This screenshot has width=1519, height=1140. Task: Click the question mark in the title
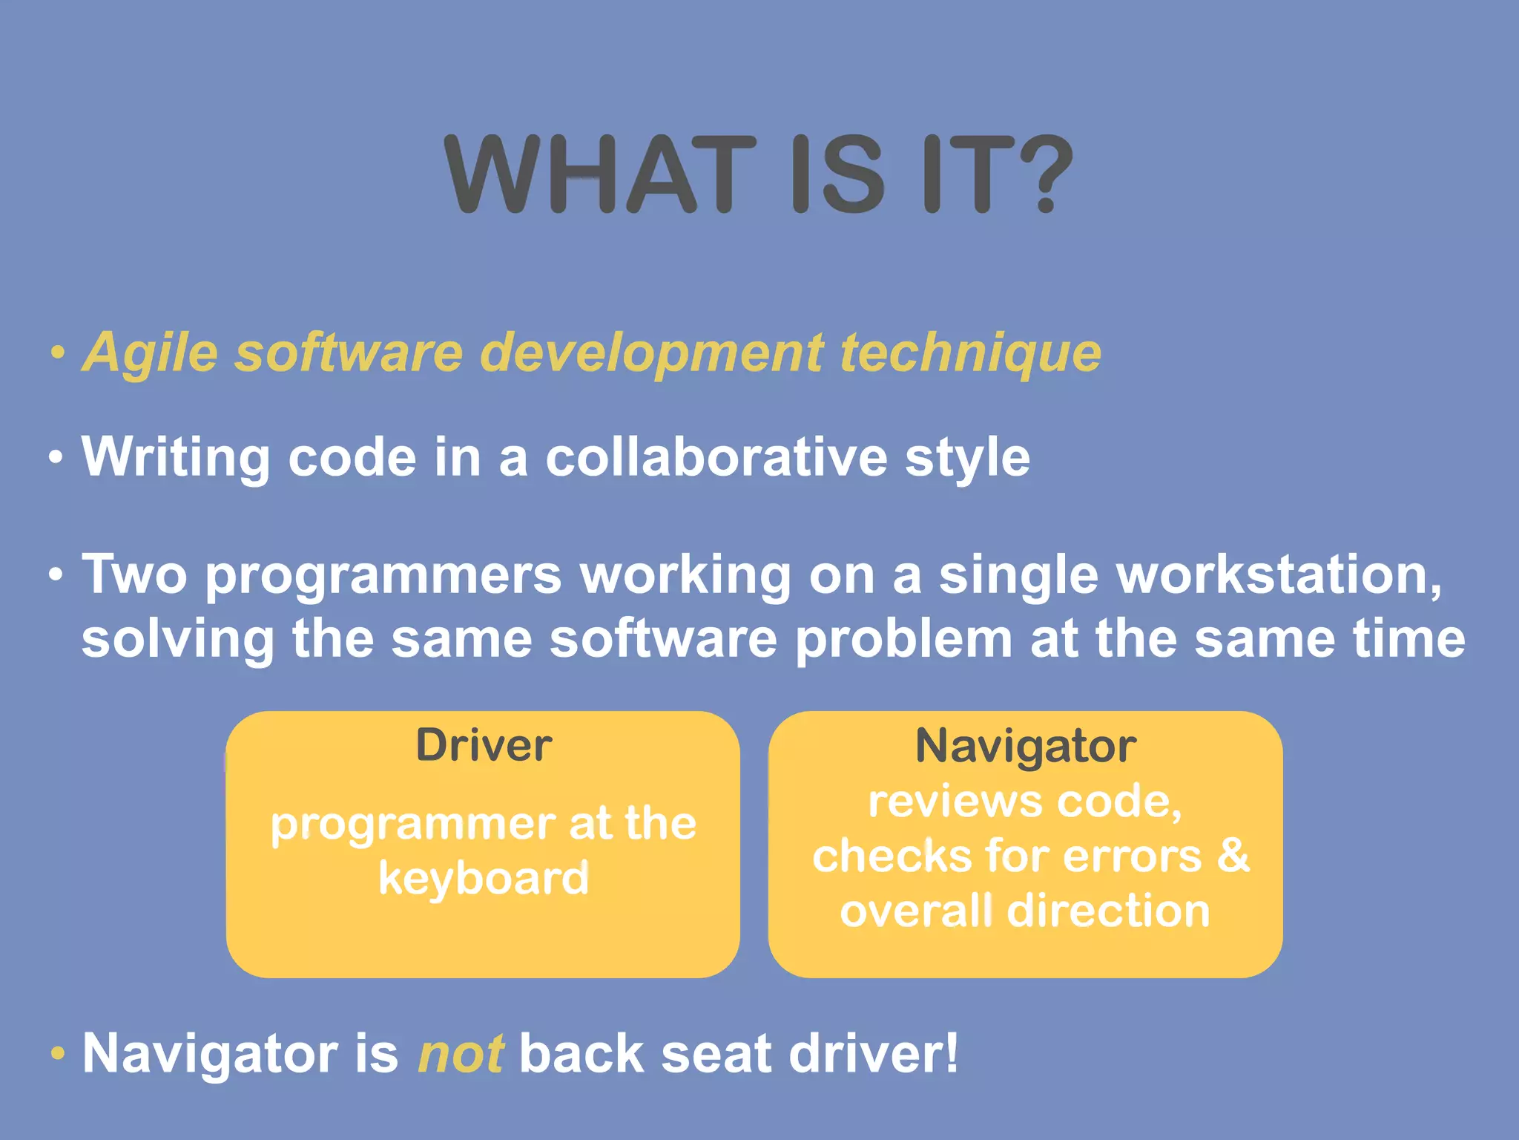click(1044, 174)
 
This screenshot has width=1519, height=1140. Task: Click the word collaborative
click(716, 457)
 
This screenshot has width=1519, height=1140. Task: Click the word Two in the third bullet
click(134, 574)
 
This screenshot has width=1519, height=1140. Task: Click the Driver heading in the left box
click(484, 745)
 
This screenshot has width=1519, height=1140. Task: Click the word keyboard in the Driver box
click(484, 879)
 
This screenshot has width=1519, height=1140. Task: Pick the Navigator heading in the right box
click(1025, 745)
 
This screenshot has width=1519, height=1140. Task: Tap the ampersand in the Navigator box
click(1233, 855)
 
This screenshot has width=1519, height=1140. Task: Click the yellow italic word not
click(461, 1053)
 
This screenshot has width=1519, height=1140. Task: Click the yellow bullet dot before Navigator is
click(58, 1053)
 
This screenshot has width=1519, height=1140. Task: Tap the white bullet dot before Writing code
click(56, 457)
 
